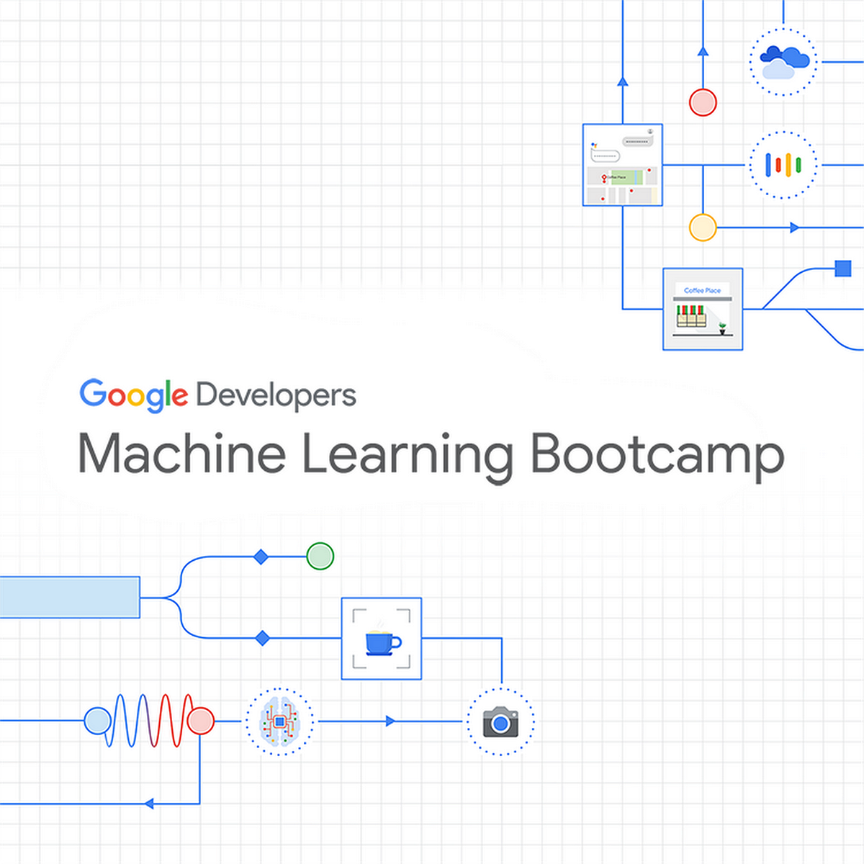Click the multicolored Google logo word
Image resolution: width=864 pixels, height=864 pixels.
pos(133,395)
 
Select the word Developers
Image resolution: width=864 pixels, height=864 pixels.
pos(276,395)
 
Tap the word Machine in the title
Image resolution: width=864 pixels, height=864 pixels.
pos(181,454)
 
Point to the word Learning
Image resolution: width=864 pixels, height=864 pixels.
pos(407,455)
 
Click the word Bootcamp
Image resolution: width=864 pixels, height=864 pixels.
pos(657,455)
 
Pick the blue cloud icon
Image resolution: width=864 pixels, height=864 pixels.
pos(783,61)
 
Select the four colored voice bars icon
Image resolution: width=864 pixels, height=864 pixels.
pos(783,165)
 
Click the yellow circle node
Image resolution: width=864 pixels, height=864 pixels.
pos(703,228)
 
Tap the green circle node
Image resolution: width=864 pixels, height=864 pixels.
pos(320,557)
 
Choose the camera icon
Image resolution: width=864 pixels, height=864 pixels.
pos(500,721)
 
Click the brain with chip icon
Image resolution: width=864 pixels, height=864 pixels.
pos(279,721)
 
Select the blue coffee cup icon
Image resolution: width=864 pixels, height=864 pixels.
pos(382,641)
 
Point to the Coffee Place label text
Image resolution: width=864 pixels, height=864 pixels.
pos(702,290)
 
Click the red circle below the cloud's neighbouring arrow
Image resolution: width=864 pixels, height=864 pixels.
pos(703,102)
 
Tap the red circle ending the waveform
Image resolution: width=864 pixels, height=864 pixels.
pos(200,721)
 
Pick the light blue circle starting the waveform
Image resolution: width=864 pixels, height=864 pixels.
pos(98,721)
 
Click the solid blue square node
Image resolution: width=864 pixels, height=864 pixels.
pos(843,269)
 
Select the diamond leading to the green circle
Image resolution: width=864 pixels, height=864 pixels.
pos(261,557)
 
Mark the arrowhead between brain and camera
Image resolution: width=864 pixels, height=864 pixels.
pos(390,721)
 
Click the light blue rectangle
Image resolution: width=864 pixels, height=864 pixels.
pos(69,597)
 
